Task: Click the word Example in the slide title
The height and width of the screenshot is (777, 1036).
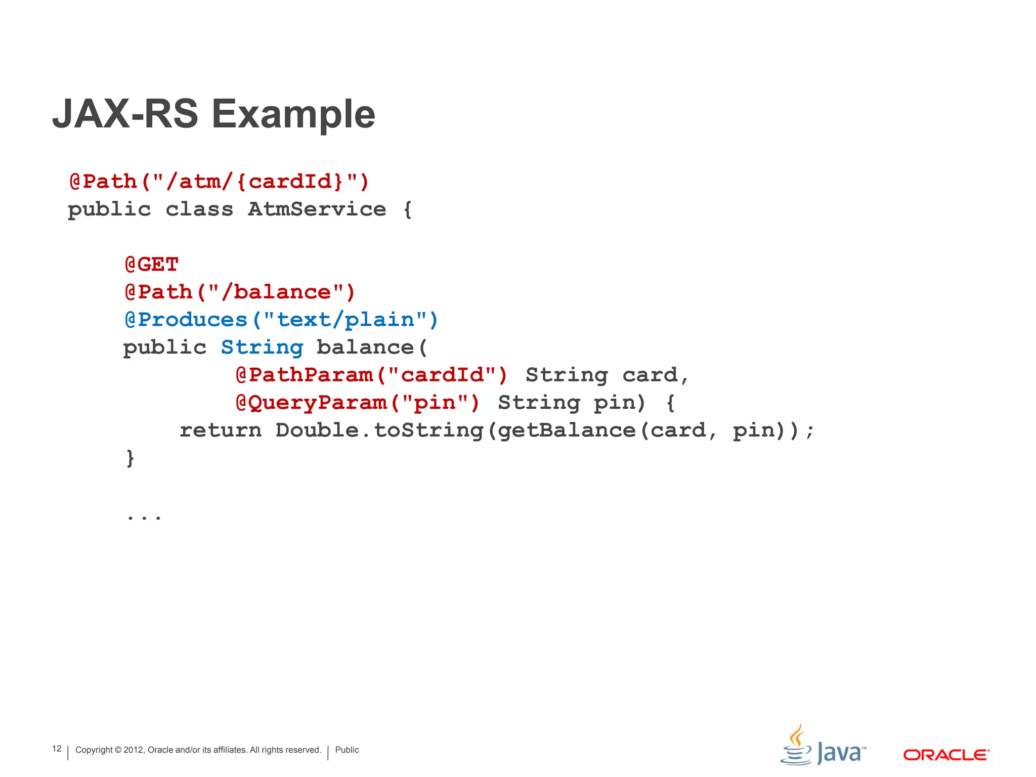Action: tap(293, 114)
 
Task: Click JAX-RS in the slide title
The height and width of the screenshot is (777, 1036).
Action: tap(125, 114)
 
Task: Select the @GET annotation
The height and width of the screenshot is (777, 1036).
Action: tap(152, 264)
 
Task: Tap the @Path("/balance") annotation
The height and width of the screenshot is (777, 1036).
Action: tap(240, 292)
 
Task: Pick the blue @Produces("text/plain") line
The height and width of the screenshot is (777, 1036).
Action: tap(281, 320)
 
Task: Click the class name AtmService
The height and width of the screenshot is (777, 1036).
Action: tap(317, 209)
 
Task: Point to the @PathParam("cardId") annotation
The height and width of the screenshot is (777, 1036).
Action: tap(371, 375)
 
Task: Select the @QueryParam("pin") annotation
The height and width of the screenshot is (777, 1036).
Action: tap(357, 403)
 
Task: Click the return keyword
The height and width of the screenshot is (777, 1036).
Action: tap(221, 430)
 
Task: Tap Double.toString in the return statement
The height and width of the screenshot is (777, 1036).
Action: tap(379, 430)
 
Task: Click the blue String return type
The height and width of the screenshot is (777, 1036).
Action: tap(262, 348)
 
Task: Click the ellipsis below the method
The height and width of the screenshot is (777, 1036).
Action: tap(144, 516)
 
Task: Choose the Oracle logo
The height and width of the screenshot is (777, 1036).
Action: tap(946, 755)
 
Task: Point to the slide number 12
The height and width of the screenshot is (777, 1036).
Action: tap(57, 749)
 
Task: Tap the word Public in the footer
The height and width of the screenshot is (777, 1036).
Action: tap(347, 750)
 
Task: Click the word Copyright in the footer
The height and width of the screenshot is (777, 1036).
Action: tap(94, 750)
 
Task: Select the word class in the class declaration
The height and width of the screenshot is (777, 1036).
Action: tap(199, 209)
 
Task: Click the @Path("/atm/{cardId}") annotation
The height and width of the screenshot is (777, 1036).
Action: tap(219, 182)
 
